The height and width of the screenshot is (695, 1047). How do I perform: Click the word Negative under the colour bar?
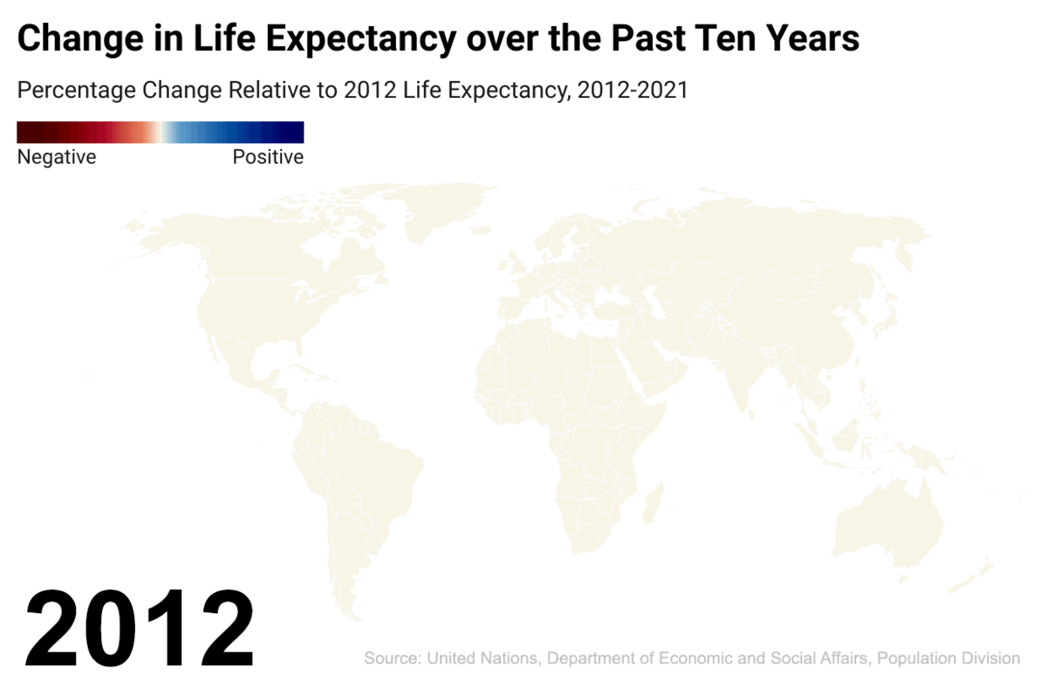(57, 158)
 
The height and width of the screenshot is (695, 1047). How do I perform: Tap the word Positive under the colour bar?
(268, 158)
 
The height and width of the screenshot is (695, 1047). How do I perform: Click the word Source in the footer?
(391, 658)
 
